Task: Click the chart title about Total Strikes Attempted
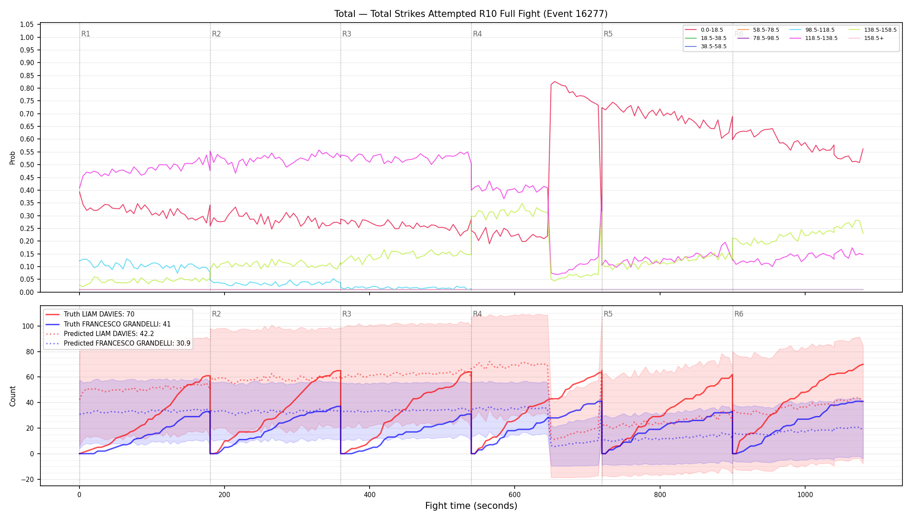pos(471,14)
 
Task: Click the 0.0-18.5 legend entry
pos(704,30)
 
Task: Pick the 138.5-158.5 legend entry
pos(872,30)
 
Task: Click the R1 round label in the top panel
pos(86,34)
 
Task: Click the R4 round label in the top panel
pos(477,34)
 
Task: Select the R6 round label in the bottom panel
pos(739,314)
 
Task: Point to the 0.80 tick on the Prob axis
pos(27,88)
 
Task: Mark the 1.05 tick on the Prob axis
pos(27,24)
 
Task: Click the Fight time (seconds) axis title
pos(471,506)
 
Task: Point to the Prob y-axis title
pos(13,158)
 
